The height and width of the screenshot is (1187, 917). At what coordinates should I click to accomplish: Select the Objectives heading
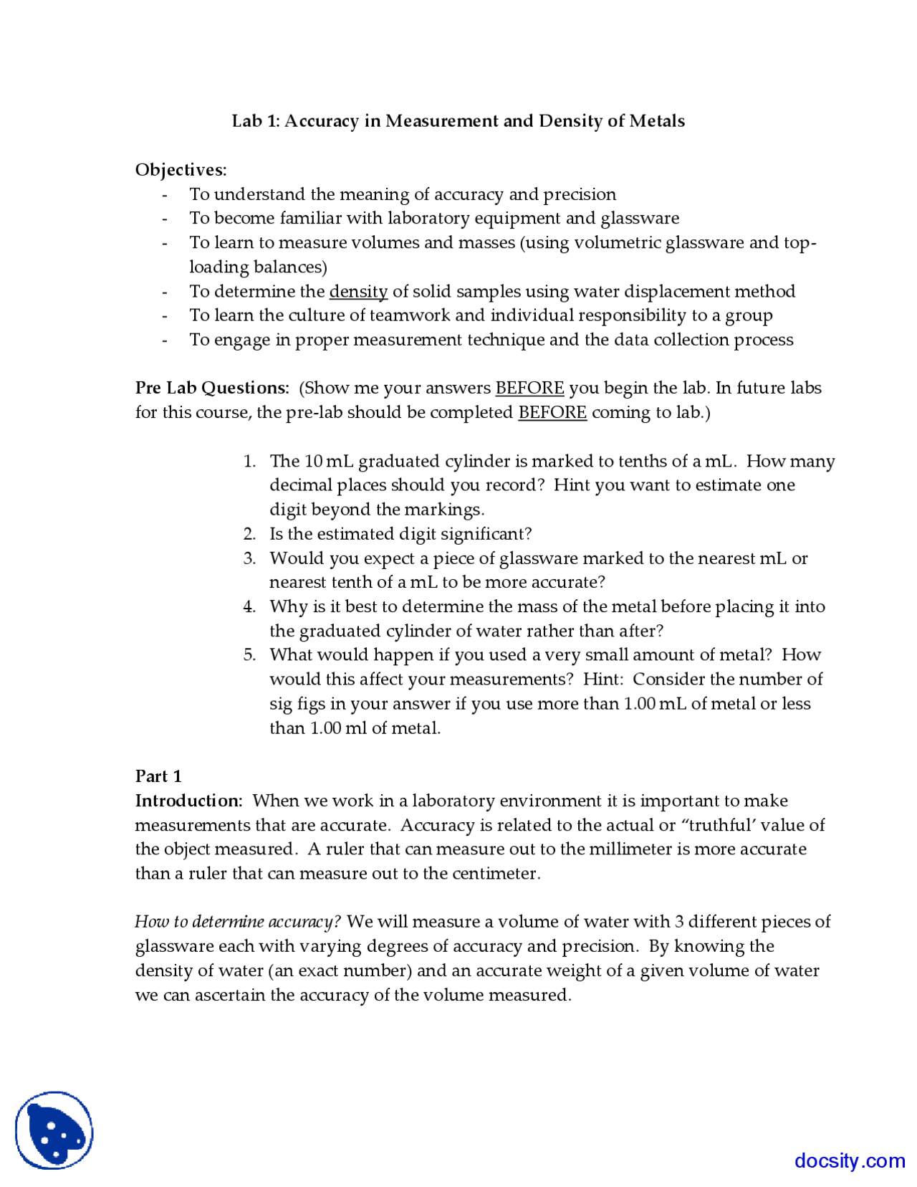point(181,170)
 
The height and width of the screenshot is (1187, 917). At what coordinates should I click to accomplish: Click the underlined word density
point(358,291)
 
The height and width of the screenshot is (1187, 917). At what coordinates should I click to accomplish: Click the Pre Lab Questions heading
point(212,388)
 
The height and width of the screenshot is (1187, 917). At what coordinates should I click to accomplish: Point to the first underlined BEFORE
point(529,388)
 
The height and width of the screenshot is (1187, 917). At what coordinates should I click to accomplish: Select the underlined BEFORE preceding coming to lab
point(552,412)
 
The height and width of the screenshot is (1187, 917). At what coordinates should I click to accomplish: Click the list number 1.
point(249,461)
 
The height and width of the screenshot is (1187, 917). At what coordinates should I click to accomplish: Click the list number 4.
point(249,606)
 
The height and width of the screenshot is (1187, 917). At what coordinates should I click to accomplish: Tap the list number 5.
point(249,654)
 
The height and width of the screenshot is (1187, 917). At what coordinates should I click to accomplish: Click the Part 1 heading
point(158,776)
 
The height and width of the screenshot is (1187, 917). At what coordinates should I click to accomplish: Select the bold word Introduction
point(188,801)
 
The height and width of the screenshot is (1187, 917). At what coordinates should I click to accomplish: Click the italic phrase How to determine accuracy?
point(238,922)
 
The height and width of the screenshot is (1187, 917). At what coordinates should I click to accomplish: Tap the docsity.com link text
point(850,1160)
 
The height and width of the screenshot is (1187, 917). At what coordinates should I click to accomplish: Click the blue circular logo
point(54,1130)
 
